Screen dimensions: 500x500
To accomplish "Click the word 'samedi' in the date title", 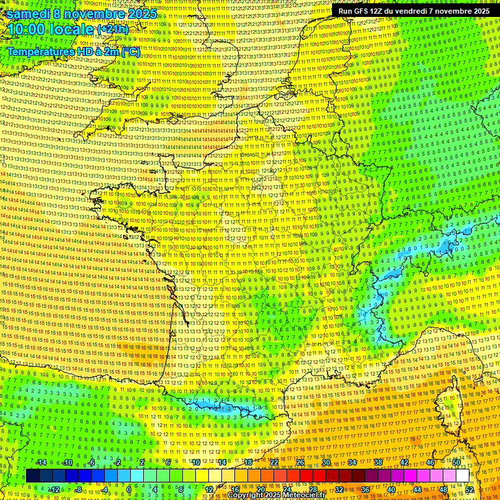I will pyautogui.click(x=29, y=14).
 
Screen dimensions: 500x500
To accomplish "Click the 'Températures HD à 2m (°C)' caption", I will pyautogui.click(x=73, y=51).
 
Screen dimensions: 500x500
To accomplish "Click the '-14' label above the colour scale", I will pyautogui.click(x=40, y=462).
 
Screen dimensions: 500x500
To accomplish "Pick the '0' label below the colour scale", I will pyautogui.click(x=129, y=490).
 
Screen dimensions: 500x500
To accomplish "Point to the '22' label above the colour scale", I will pyautogui.click(x=274, y=462).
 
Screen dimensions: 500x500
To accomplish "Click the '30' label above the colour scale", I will pyautogui.click(x=326, y=462).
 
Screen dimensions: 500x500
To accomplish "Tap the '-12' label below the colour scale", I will pyautogui.click(x=53, y=490).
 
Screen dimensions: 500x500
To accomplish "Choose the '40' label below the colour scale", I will pyautogui.click(x=391, y=490).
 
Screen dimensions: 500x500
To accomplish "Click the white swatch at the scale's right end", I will pyautogui.click(x=463, y=476).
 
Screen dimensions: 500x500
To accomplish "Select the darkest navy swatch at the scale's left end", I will pyautogui.click(x=33, y=476).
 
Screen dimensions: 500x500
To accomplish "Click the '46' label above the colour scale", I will pyautogui.click(x=430, y=462).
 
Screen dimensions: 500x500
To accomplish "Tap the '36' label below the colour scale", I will pyautogui.click(x=365, y=490).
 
